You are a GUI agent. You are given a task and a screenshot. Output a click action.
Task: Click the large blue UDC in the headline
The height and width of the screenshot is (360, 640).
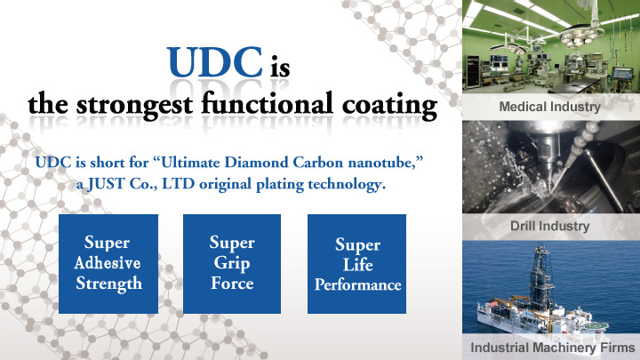pos(215,61)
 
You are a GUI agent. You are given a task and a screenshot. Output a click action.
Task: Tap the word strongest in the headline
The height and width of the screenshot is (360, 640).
pos(134,105)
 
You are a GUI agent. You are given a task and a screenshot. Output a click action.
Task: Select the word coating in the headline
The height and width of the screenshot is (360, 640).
pos(390,105)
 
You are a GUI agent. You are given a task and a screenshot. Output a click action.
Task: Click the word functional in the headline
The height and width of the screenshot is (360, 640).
pos(268,102)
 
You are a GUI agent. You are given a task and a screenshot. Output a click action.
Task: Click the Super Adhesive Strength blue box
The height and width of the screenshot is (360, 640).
pos(108,264)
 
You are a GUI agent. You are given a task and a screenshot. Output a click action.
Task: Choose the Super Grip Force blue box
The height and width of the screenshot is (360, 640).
pos(232,264)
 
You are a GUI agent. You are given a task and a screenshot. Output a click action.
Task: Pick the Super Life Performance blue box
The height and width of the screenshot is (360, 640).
pos(356,264)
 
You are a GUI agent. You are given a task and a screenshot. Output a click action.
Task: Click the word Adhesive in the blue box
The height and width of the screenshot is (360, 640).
pos(108,263)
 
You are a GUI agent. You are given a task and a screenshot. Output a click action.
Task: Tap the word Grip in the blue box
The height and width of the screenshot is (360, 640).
pos(232,264)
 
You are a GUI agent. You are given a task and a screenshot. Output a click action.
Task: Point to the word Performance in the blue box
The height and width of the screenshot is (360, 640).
pos(357,285)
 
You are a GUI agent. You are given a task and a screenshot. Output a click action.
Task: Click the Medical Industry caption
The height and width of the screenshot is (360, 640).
pos(549,107)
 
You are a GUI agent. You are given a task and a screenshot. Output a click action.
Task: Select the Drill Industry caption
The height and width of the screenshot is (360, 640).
pos(549,226)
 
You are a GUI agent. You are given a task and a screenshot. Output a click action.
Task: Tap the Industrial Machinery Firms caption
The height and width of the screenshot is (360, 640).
pos(553,348)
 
